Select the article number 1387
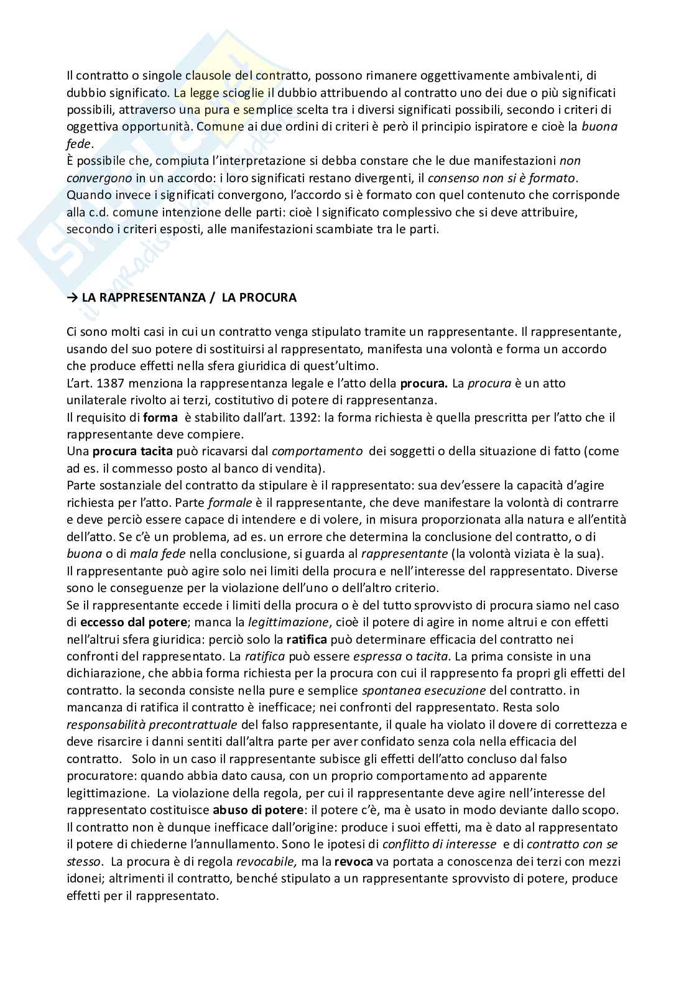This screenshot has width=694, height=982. tap(116, 383)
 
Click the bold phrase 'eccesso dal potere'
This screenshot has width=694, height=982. tap(126, 622)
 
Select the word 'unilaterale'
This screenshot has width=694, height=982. tap(96, 400)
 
